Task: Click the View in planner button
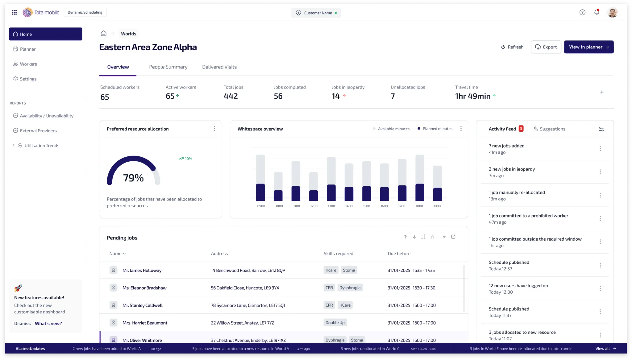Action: click(588, 47)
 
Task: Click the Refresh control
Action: click(512, 47)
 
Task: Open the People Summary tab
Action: click(168, 67)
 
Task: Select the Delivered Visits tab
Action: click(219, 67)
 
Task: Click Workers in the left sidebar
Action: click(28, 64)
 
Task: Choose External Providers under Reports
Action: click(38, 130)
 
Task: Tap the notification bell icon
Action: click(597, 12)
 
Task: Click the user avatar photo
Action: click(612, 12)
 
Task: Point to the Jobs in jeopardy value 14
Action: click(336, 96)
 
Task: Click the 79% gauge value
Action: click(133, 178)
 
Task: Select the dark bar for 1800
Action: click(420, 192)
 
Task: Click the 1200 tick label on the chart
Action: click(314, 206)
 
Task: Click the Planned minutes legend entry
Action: click(437, 129)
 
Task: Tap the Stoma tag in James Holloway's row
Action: click(349, 270)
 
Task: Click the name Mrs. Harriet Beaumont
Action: click(145, 323)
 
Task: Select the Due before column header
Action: click(399, 254)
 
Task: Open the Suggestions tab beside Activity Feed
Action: click(552, 129)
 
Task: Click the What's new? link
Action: click(48, 323)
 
